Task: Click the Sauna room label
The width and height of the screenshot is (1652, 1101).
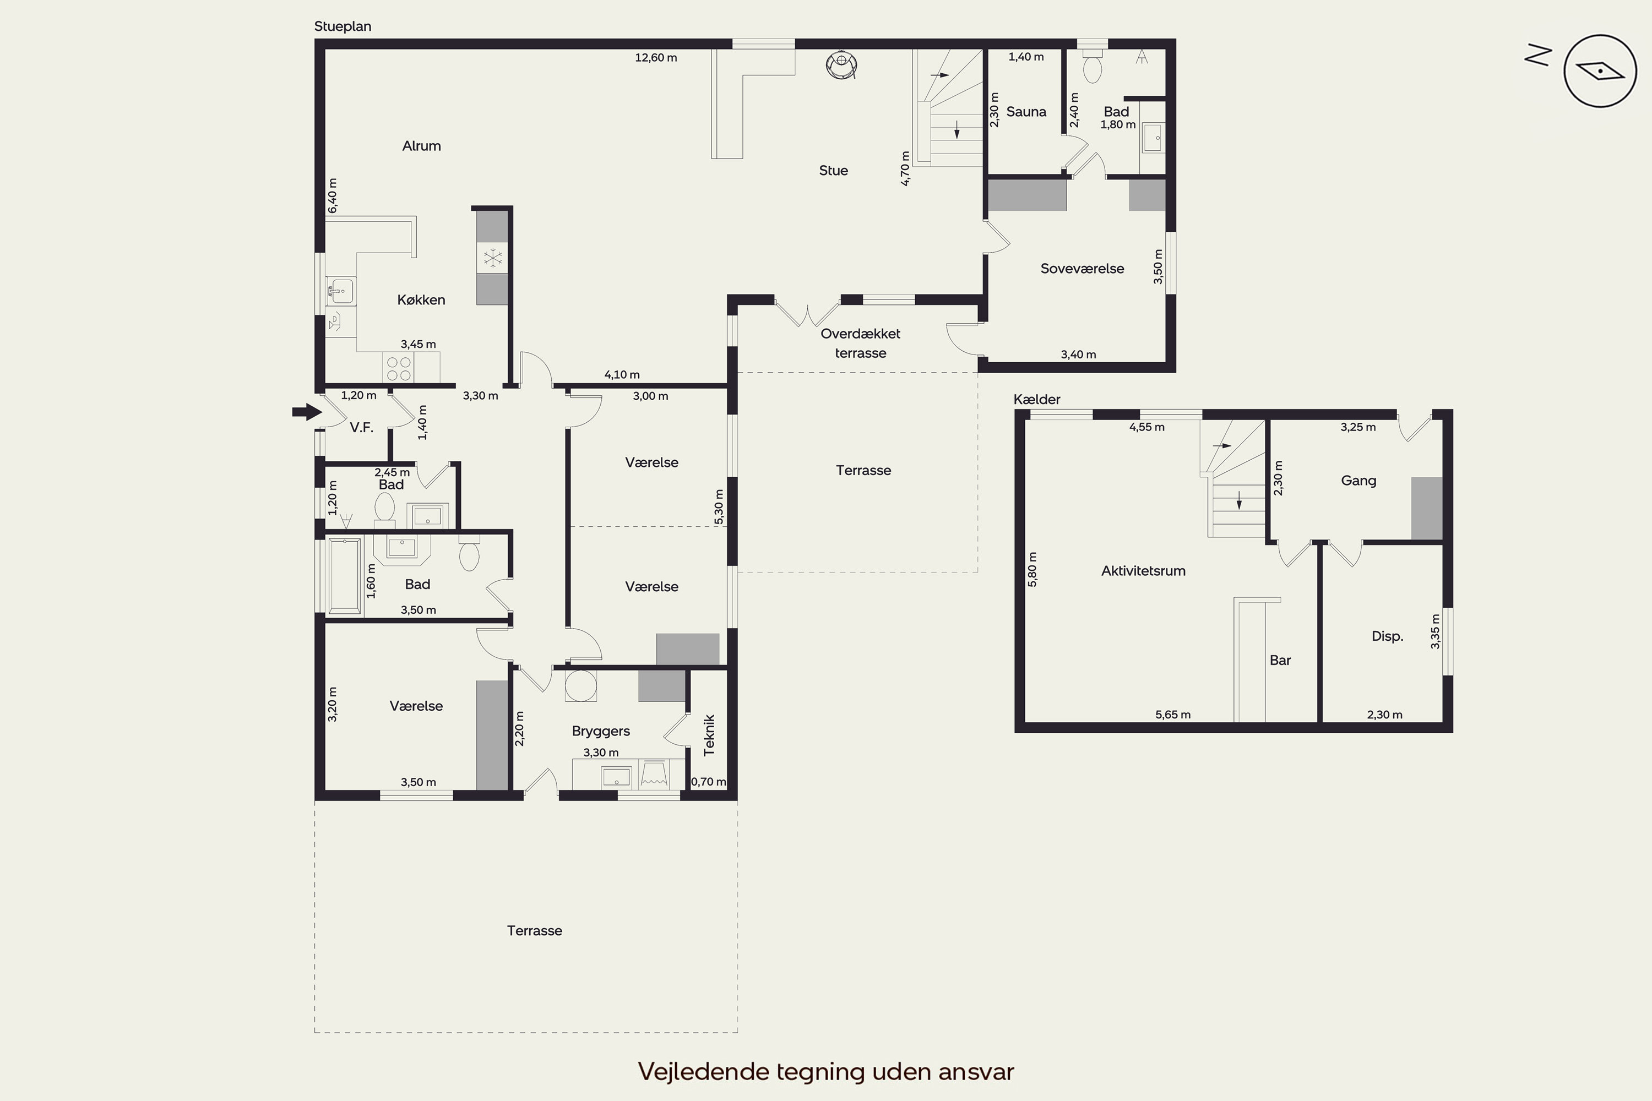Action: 1026,112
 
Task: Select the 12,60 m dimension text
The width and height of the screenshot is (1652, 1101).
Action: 656,58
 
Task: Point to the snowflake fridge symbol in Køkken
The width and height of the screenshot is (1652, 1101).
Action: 493,258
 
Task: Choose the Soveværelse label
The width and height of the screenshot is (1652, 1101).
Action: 1083,268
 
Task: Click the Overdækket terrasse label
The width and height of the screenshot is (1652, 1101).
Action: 860,344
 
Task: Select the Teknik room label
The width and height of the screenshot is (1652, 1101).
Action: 709,735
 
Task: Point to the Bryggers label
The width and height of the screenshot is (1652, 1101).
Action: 601,731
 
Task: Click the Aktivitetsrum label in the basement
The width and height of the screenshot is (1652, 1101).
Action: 1144,571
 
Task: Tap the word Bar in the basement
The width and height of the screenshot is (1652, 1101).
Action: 1280,660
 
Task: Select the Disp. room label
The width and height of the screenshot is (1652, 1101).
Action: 1387,636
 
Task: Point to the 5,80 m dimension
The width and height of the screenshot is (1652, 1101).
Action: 1032,569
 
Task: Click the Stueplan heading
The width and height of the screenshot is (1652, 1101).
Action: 343,26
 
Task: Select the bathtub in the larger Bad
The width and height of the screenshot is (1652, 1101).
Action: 344,576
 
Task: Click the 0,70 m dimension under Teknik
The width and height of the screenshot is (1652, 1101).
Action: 709,782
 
